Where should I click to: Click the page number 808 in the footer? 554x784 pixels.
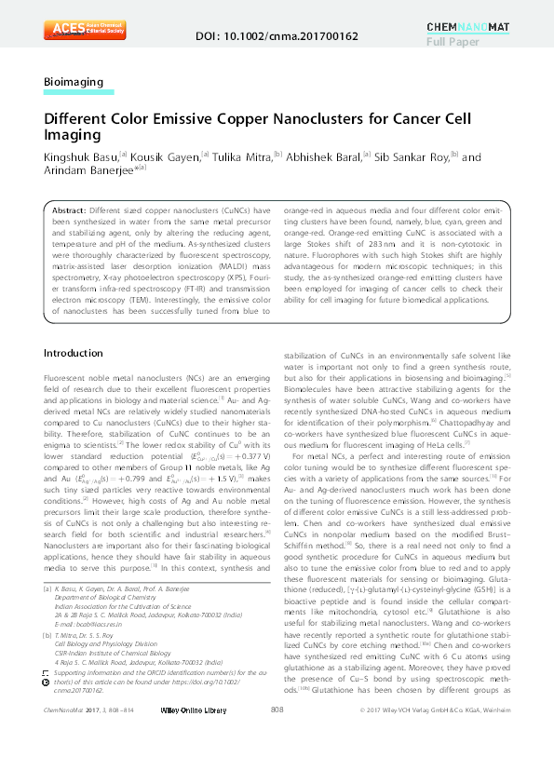click(277, 762)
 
